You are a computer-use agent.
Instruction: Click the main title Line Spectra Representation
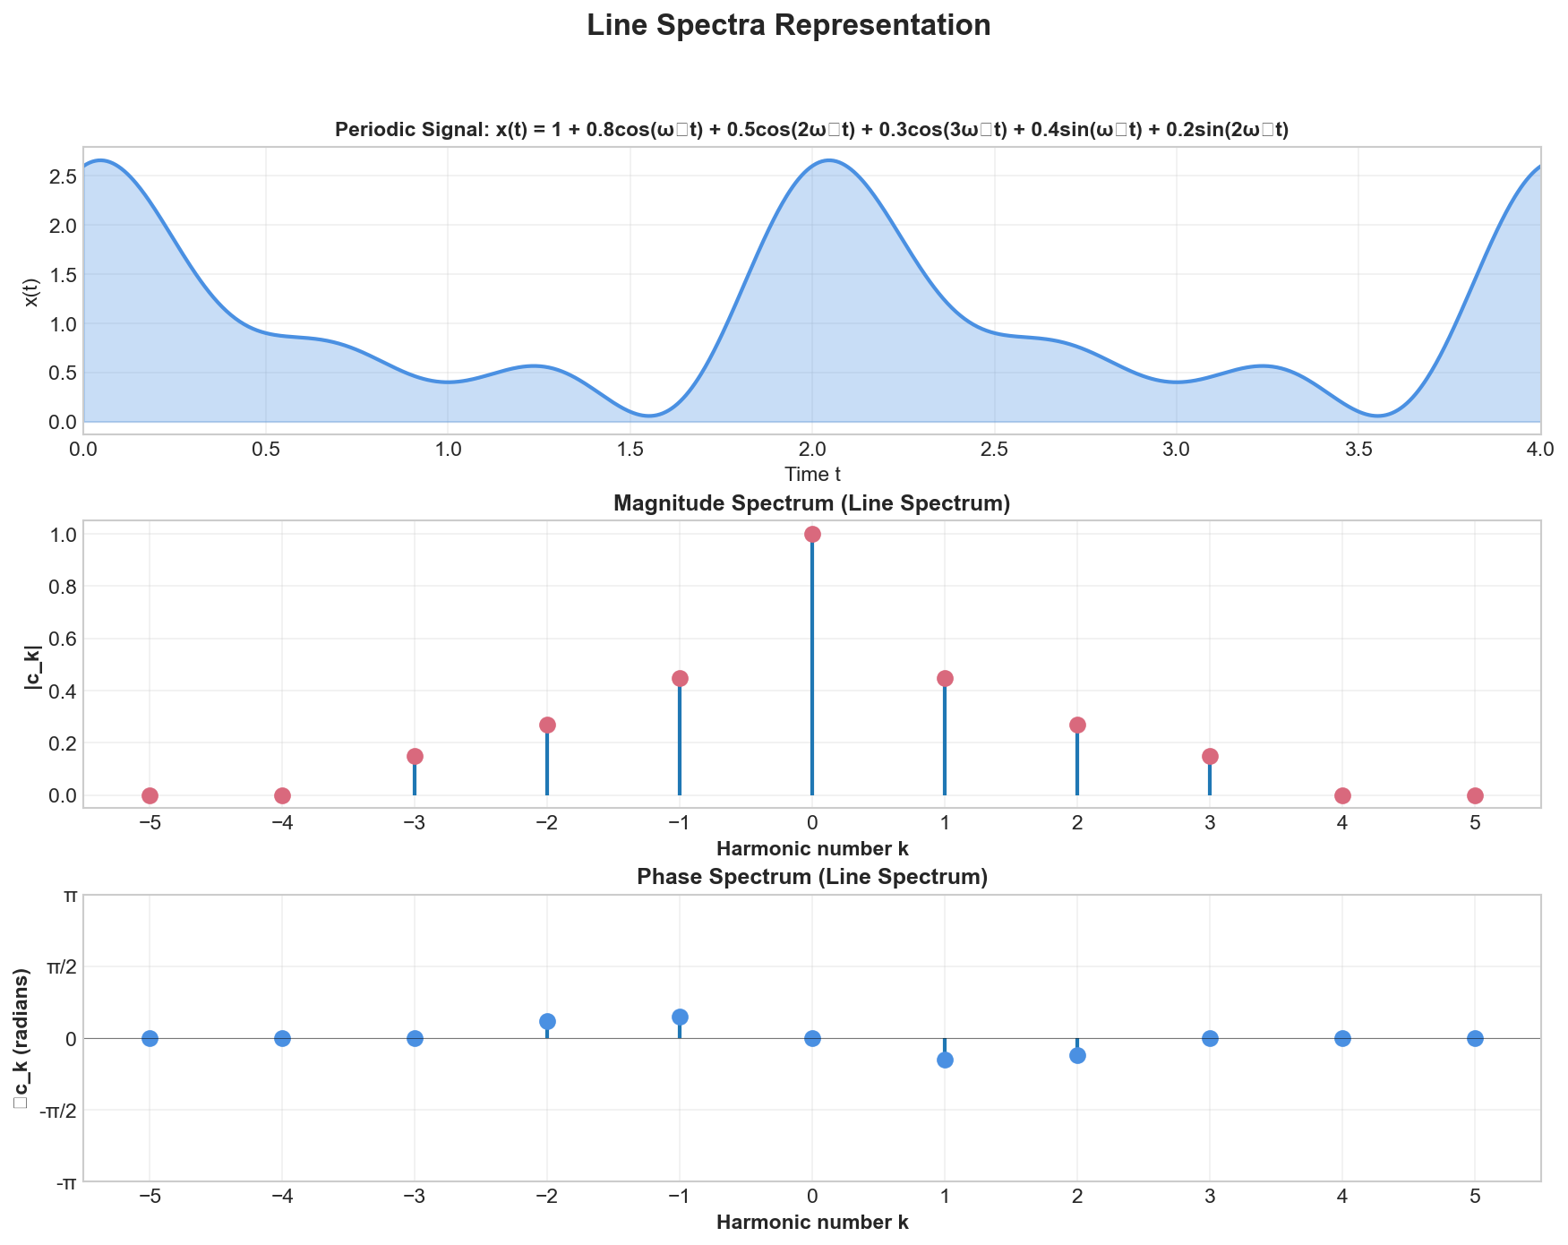click(x=788, y=25)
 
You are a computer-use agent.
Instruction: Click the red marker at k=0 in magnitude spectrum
click(x=812, y=534)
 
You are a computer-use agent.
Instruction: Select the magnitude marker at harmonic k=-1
click(x=680, y=678)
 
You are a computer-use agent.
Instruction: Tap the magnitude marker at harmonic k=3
click(x=1210, y=756)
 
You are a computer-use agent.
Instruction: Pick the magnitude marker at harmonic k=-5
click(x=150, y=795)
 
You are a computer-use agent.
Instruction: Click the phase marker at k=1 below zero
click(x=945, y=1060)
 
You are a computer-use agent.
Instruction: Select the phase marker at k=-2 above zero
click(x=547, y=1021)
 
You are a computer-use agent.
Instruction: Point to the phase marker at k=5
click(x=1475, y=1038)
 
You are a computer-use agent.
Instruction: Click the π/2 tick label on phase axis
click(x=59, y=967)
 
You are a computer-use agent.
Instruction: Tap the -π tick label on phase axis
click(x=64, y=1183)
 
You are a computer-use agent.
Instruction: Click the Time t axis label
click(x=812, y=473)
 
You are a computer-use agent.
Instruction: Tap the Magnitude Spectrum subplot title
click(x=812, y=504)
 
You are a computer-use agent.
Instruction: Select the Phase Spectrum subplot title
click(x=812, y=877)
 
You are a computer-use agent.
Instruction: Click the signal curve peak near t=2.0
click(x=829, y=161)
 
